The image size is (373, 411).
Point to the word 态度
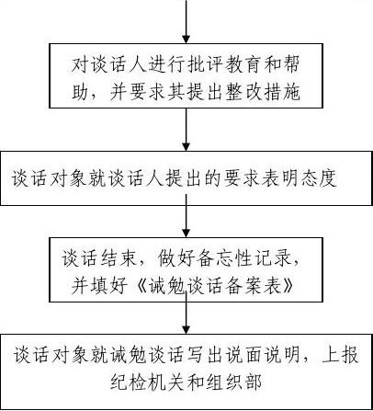(x=319, y=177)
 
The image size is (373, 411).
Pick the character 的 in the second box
(x=213, y=177)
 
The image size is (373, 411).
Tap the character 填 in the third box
(x=99, y=285)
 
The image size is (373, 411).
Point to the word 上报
(x=340, y=355)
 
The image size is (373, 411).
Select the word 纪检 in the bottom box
(x=129, y=382)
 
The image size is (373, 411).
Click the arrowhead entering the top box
(x=186, y=40)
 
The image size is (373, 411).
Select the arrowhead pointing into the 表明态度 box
(x=186, y=146)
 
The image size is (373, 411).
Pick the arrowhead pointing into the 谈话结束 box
(x=186, y=233)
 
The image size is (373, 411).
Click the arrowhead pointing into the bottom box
(x=186, y=329)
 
